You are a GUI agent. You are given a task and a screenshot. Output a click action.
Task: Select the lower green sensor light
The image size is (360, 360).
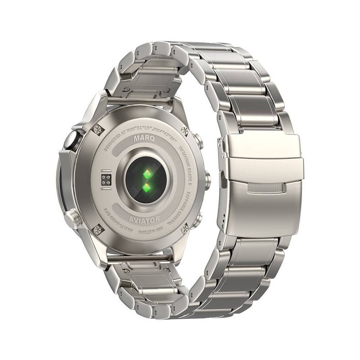[x=147, y=187]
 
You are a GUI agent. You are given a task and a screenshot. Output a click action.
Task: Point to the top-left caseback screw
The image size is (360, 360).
[x=98, y=130]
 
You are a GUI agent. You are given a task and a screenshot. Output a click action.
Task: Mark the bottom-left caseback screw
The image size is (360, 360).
[x=97, y=230]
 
